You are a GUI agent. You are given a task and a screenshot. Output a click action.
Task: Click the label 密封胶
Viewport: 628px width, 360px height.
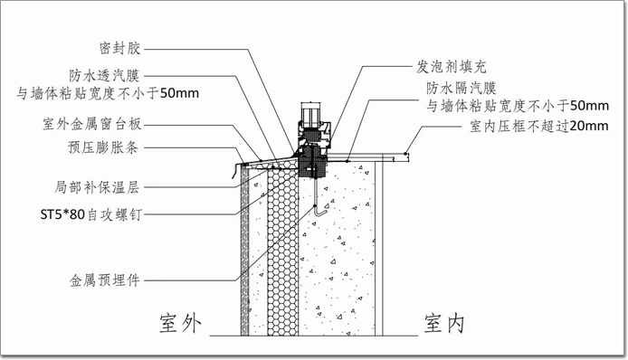pyautogui.click(x=120, y=48)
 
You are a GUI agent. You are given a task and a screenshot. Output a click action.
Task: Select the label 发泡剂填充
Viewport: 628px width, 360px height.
pyautogui.click(x=452, y=67)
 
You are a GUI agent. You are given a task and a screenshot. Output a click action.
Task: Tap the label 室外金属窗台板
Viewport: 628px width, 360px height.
pyautogui.click(x=92, y=124)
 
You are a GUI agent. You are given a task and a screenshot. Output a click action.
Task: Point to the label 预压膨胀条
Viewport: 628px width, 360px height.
pyautogui.click(x=103, y=147)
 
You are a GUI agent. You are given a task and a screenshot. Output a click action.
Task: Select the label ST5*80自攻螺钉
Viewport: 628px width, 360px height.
pyautogui.click(x=90, y=214)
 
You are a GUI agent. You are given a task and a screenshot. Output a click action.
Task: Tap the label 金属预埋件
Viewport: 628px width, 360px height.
pyautogui.click(x=105, y=280)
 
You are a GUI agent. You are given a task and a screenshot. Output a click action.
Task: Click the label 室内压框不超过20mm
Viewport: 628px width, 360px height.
pyautogui.click(x=539, y=126)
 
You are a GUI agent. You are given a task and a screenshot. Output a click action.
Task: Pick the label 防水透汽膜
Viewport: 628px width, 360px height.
pyautogui.click(x=104, y=75)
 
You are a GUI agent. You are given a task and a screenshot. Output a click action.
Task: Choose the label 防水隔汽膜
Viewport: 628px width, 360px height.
pyautogui.click(x=461, y=88)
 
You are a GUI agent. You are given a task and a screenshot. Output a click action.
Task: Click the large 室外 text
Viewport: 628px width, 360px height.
pyautogui.click(x=180, y=323)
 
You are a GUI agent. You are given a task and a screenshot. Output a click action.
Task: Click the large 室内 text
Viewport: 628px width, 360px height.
pyautogui.click(x=444, y=323)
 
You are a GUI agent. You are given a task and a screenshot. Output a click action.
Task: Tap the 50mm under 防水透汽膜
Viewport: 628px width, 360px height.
pyautogui.click(x=179, y=93)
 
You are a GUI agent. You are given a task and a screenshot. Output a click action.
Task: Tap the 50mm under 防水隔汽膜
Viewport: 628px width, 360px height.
pyautogui.click(x=589, y=106)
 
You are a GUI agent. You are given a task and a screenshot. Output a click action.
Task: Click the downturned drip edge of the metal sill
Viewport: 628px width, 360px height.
pyautogui.click(x=234, y=172)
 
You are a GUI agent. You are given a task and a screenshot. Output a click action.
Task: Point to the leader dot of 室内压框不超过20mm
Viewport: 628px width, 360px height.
pyautogui.click(x=405, y=153)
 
